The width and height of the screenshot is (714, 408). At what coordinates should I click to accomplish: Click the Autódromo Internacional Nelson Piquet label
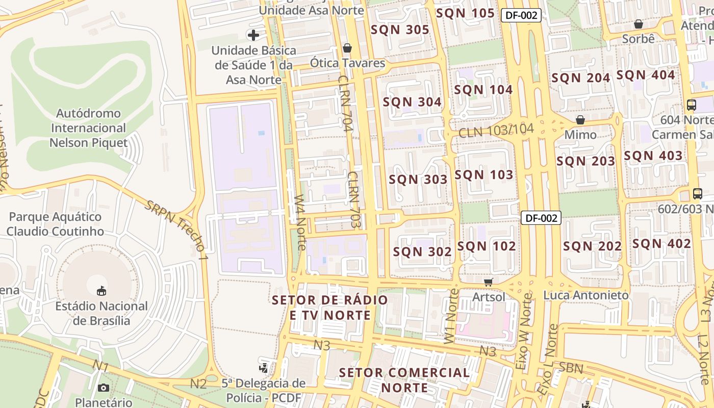(x=89, y=128)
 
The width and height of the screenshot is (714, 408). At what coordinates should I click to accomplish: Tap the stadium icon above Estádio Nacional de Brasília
(x=101, y=291)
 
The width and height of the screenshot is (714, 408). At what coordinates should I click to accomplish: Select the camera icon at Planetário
(x=104, y=388)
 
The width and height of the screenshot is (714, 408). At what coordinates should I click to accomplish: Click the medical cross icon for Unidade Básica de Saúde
(x=253, y=35)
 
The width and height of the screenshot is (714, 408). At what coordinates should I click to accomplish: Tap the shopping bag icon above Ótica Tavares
(x=347, y=48)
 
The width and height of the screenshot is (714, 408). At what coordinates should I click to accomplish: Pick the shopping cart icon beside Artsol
(x=489, y=282)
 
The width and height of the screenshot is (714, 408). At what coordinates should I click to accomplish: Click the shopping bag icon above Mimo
(x=580, y=120)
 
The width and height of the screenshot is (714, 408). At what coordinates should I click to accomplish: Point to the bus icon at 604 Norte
(x=692, y=105)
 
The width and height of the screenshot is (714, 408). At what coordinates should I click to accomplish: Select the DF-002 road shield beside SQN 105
(x=521, y=15)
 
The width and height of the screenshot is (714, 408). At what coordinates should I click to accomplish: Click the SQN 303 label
(x=418, y=180)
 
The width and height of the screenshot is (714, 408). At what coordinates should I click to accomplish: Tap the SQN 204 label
(x=581, y=78)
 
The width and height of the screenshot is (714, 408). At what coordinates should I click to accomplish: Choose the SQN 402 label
(x=661, y=244)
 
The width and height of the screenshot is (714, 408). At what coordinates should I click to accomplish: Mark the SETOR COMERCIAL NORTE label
(x=404, y=380)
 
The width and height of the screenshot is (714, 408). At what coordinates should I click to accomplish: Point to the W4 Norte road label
(x=301, y=222)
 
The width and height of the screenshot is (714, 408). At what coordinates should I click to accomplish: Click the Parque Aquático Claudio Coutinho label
(x=55, y=224)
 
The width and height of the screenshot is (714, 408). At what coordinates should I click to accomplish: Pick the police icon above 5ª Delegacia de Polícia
(x=264, y=367)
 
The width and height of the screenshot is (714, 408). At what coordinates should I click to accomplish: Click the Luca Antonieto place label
(x=586, y=295)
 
